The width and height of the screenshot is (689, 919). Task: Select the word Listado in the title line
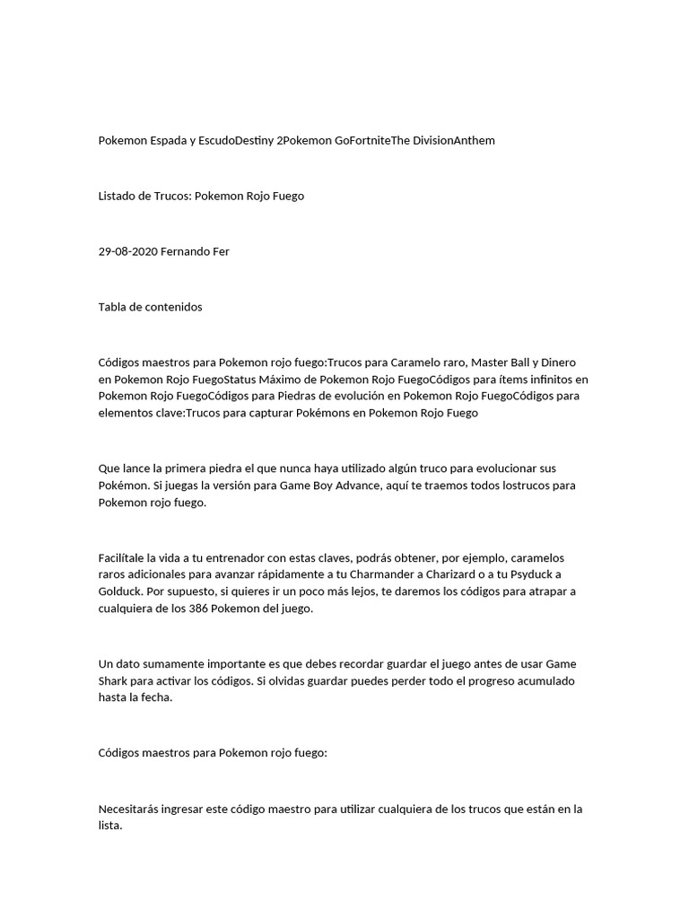[x=118, y=196]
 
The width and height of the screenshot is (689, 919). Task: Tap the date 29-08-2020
[x=127, y=251]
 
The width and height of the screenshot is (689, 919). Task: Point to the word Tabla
[x=113, y=307]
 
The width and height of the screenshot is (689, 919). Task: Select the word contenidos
[x=173, y=307]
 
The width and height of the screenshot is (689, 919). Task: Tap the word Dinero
[x=565, y=362]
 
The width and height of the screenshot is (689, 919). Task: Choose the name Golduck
[x=120, y=591]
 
